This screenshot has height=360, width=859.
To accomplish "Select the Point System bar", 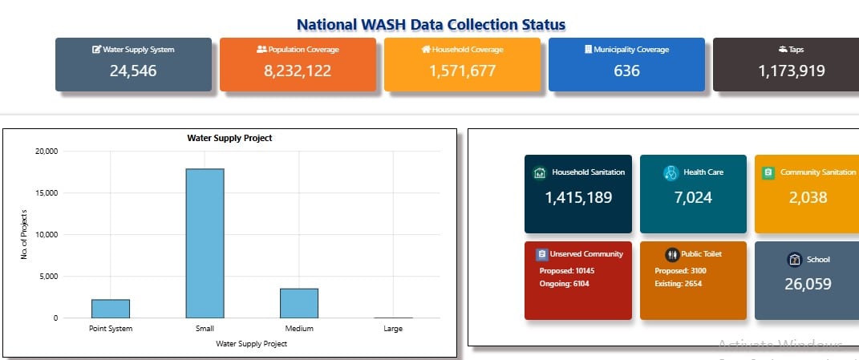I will pyautogui.click(x=111, y=309).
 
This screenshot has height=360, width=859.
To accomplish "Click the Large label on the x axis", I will pyautogui.click(x=393, y=329).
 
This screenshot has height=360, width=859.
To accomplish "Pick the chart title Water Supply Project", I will pyautogui.click(x=229, y=138).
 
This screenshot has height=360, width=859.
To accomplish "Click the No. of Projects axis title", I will pyautogui.click(x=25, y=234).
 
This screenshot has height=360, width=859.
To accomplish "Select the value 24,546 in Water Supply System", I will pyautogui.click(x=133, y=71).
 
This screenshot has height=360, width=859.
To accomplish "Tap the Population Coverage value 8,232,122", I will pyautogui.click(x=298, y=71).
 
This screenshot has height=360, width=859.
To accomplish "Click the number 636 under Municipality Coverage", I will pyautogui.click(x=626, y=71).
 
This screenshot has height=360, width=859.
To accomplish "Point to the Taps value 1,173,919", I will pyautogui.click(x=791, y=71).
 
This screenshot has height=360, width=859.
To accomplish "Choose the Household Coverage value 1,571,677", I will pyautogui.click(x=462, y=71).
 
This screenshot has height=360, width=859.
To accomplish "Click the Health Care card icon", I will pyautogui.click(x=671, y=172).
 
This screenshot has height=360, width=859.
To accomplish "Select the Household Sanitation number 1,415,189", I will pyautogui.click(x=578, y=197).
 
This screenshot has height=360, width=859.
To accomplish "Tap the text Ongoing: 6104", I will pyautogui.click(x=564, y=284).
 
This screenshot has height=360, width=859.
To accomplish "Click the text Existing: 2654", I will pyautogui.click(x=679, y=284).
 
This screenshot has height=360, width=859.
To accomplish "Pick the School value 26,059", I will pyautogui.click(x=807, y=284).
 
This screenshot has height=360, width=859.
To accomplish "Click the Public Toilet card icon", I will pyautogui.click(x=672, y=254).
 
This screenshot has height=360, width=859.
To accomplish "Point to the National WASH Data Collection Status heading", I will pyautogui.click(x=431, y=25).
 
